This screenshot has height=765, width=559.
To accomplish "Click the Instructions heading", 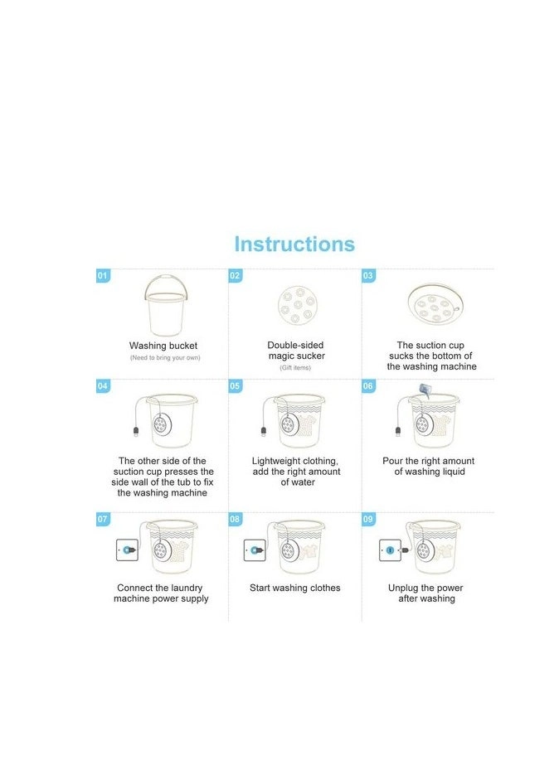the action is [294, 244].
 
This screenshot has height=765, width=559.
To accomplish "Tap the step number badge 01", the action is [103, 276].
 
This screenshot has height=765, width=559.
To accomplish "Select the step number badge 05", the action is [236, 386].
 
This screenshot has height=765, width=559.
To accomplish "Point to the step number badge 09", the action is [368, 519].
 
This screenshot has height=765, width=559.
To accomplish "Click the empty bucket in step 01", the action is [166, 305].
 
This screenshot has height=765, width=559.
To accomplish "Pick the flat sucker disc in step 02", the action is [296, 305].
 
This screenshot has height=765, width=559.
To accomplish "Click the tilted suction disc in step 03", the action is [435, 305].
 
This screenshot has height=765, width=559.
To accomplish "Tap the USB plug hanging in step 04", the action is [136, 432].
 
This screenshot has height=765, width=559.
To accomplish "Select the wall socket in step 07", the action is [127, 550].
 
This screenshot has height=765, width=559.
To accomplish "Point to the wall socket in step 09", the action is [390, 550].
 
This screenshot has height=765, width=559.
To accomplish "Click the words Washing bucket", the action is [163, 346].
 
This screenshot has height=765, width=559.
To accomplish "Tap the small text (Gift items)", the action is [295, 367].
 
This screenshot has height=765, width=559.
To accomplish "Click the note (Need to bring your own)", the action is [165, 357].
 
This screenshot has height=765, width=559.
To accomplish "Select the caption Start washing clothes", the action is [295, 588].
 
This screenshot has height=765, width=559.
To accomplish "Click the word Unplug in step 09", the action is [403, 588].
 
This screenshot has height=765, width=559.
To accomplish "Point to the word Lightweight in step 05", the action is [275, 461].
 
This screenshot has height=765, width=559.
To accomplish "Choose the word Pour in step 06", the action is [392, 461].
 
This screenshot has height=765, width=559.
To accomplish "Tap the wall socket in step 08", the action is [255, 550].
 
